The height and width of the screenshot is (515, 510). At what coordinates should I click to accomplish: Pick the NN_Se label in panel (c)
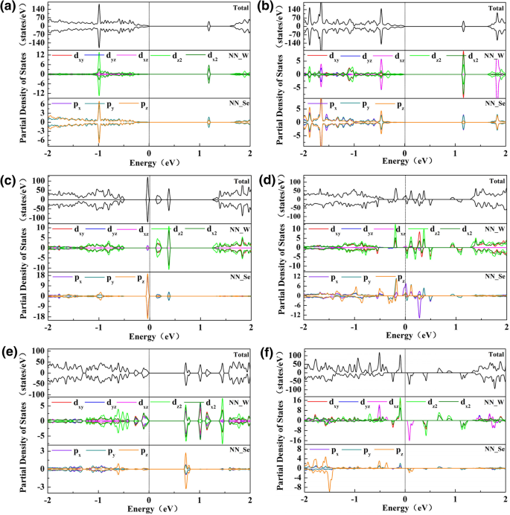pos(238,277)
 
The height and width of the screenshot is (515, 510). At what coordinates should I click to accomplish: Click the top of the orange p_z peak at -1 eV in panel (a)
pos(98,104)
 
